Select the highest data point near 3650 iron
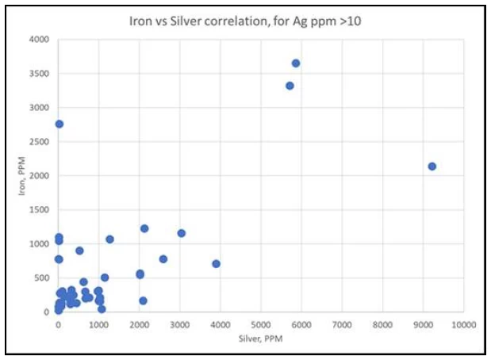tap(296, 63)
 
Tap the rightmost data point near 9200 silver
tap(432, 167)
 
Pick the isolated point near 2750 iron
tap(59, 124)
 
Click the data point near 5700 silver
tap(290, 86)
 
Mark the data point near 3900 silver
tap(217, 263)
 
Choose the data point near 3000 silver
tap(182, 233)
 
